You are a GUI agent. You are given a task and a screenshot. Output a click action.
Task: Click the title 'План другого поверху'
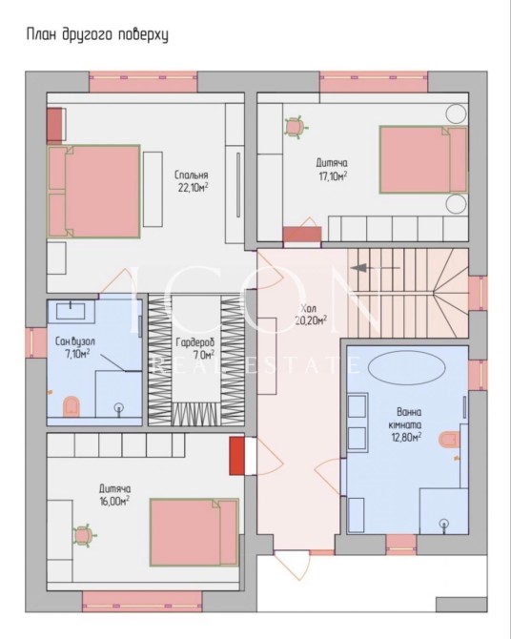click(x=97, y=35)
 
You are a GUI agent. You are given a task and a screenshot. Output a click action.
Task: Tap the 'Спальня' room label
click(x=191, y=175)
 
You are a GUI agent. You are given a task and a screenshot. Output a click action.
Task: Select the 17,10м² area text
click(x=333, y=176)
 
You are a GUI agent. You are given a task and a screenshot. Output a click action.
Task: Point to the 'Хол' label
click(x=309, y=308)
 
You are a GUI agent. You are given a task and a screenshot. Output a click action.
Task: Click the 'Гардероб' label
click(x=194, y=342)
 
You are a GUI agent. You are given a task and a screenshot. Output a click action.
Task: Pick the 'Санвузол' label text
click(x=75, y=341)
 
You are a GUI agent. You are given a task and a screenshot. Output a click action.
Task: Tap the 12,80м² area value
click(x=405, y=437)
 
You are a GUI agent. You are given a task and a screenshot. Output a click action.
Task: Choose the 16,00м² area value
click(x=114, y=501)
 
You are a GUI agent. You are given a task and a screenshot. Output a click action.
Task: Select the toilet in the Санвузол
click(x=72, y=406)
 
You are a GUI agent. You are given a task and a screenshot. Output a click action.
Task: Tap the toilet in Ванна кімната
click(x=449, y=440)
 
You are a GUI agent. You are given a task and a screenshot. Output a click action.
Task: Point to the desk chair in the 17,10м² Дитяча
click(x=295, y=127)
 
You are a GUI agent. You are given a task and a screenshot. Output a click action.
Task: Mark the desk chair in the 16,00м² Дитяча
click(x=84, y=536)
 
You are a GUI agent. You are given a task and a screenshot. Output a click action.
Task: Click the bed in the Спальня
click(x=94, y=192)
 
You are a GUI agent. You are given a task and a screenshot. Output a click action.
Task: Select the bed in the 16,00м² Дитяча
click(x=194, y=532)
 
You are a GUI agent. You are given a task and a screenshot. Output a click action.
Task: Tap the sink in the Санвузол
click(x=71, y=311)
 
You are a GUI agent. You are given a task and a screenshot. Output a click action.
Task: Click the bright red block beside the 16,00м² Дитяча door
click(x=236, y=456)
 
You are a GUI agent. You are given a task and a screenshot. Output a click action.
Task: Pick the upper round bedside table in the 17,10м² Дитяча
click(x=456, y=113)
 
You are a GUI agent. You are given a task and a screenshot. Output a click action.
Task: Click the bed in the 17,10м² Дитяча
click(x=423, y=159)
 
